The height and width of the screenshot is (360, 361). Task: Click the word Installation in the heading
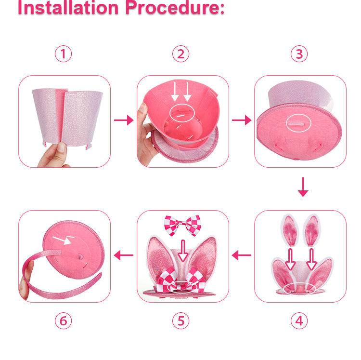[x=67, y=8]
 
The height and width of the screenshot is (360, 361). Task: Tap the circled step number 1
[x=63, y=54]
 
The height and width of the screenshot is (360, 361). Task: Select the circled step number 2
[x=180, y=54]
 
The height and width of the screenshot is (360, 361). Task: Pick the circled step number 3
[x=299, y=54]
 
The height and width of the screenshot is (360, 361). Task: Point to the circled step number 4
[x=299, y=321]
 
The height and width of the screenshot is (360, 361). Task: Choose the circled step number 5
[x=180, y=321]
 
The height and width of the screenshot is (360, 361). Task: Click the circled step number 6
[x=63, y=321]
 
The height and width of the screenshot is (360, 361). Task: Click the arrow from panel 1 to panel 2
[x=124, y=120]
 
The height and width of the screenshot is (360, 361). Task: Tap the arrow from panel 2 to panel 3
[x=242, y=120]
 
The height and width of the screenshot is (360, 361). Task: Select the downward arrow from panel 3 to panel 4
[x=303, y=187]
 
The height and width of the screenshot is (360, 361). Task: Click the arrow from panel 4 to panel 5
[x=242, y=255]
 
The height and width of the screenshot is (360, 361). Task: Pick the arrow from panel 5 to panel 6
[x=124, y=255]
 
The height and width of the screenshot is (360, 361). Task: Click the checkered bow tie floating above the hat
[x=182, y=224]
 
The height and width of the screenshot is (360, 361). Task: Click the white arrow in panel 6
[x=61, y=239]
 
